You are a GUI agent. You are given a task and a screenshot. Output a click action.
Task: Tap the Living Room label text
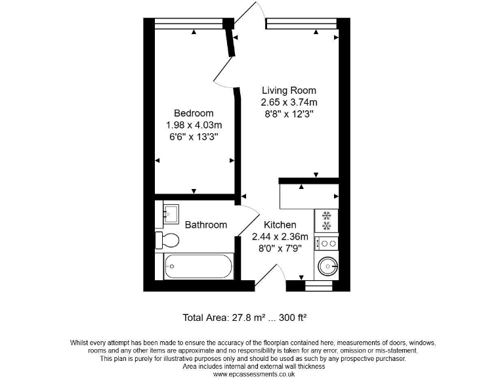(x=289, y=91)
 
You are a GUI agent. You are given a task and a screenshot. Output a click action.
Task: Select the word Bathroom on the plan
(x=205, y=225)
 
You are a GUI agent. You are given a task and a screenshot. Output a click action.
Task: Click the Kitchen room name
(x=280, y=225)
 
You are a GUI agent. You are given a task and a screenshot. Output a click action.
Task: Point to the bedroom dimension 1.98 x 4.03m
(x=194, y=125)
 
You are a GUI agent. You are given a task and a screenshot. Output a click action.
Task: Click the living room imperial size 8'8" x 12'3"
(x=289, y=114)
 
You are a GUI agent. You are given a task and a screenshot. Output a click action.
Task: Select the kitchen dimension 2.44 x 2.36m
(x=280, y=237)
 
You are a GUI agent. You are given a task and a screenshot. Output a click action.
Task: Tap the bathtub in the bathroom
(x=198, y=267)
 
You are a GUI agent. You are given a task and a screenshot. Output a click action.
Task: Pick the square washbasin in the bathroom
(x=170, y=212)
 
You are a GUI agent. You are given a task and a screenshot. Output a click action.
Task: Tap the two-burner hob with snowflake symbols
(x=326, y=220)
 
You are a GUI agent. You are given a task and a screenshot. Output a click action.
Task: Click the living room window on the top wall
(x=301, y=24)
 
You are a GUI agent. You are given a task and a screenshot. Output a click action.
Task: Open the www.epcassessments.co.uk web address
(x=253, y=374)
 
